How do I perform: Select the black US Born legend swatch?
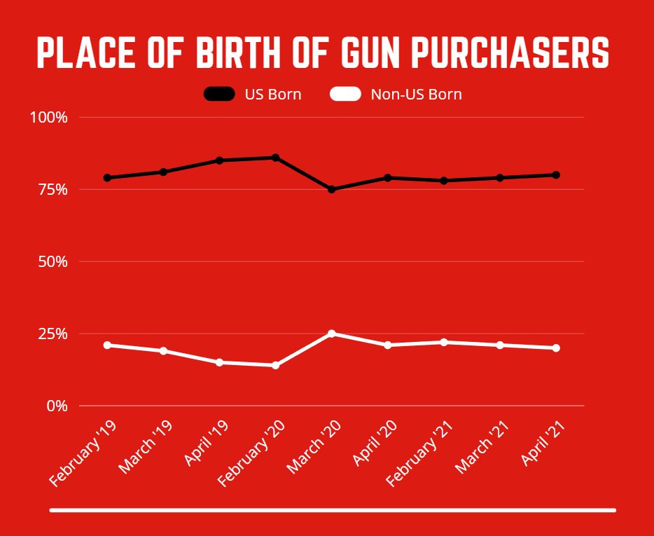click(219, 94)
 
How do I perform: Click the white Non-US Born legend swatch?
click(345, 94)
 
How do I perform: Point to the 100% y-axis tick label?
click(48, 117)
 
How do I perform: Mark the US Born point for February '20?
click(275, 158)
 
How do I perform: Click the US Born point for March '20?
click(331, 189)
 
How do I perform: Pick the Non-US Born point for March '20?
click(331, 334)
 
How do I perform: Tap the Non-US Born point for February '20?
click(275, 365)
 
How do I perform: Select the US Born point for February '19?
click(107, 178)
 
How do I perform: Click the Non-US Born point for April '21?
click(555, 348)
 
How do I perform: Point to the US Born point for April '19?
click(219, 160)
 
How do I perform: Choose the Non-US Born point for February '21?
click(443, 342)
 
